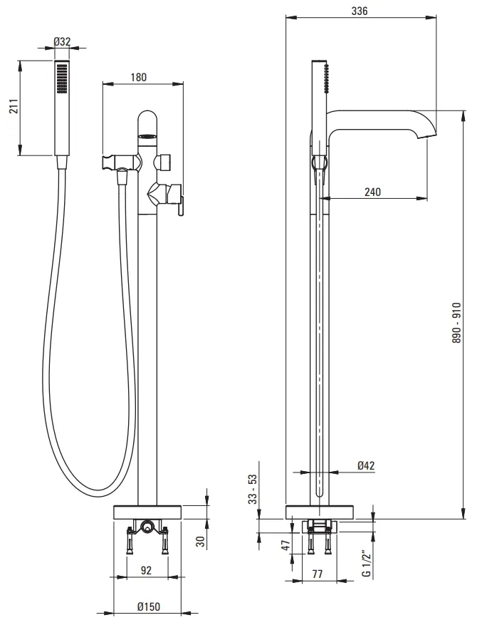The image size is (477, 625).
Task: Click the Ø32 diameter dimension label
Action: coord(62,41)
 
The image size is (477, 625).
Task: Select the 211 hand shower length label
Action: coord(14,106)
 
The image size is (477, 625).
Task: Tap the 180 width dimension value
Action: coord(139,77)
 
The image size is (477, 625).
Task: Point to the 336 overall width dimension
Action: coord(359,11)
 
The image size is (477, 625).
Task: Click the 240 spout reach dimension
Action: coord(372,192)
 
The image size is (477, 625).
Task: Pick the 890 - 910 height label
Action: coord(456,322)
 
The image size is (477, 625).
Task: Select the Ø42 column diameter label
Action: coord(366,465)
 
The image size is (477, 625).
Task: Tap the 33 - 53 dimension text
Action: coord(253,489)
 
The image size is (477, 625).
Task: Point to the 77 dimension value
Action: coord(318,574)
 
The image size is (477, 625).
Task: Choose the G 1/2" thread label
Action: coord(367,562)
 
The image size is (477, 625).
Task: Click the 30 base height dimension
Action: coord(201,541)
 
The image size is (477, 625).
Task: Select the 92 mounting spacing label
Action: coord(147,570)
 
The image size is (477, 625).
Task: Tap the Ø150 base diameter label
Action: coord(149,606)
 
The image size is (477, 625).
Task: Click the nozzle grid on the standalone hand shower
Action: coord(61,78)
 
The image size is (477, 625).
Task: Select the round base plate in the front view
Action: coord(147,512)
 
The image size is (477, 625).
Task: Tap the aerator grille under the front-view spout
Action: coord(147,136)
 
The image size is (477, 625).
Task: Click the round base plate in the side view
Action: coord(320,512)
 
